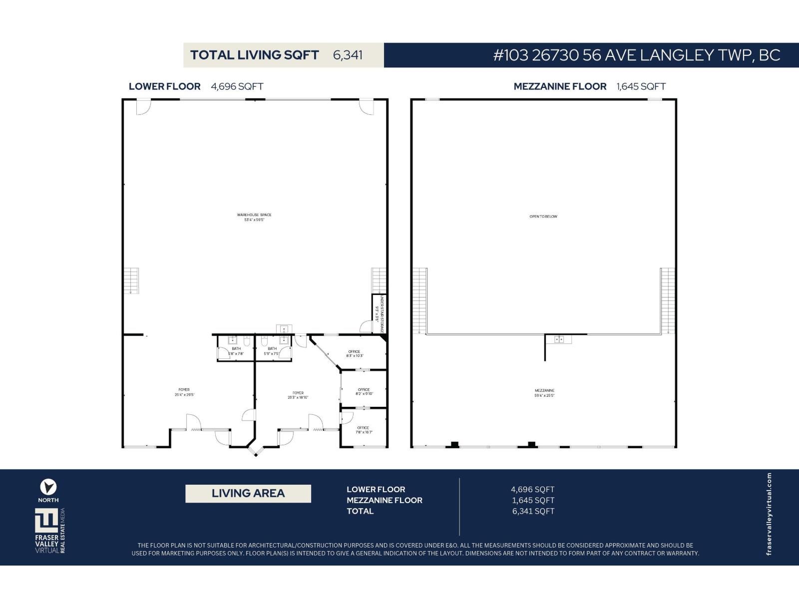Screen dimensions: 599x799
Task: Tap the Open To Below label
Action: point(543,217)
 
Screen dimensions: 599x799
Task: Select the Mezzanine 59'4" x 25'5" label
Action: point(544,393)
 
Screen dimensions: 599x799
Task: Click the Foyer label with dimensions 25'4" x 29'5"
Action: point(184,392)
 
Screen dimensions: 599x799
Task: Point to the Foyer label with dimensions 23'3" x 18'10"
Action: point(298,395)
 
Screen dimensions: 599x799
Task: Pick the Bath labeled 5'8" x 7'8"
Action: point(236,351)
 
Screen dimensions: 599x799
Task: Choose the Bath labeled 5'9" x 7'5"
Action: point(272,351)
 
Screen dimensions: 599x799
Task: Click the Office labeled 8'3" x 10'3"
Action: point(355,353)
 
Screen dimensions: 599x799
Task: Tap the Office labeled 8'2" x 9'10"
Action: point(364,391)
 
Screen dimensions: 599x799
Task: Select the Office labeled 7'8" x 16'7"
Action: point(363,430)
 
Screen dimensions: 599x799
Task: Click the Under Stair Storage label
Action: point(380,314)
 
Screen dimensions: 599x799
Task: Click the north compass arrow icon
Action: point(48,487)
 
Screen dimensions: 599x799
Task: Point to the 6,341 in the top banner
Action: point(348,55)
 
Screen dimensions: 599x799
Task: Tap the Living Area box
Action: point(248,493)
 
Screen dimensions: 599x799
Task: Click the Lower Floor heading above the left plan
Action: point(165,86)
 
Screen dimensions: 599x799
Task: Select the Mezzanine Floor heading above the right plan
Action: point(560,86)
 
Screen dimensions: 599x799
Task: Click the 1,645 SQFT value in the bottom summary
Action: point(533,500)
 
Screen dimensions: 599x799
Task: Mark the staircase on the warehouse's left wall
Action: point(131,281)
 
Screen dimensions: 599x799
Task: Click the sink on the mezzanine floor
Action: point(559,339)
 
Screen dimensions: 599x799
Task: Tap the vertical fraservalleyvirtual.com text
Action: point(769,514)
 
